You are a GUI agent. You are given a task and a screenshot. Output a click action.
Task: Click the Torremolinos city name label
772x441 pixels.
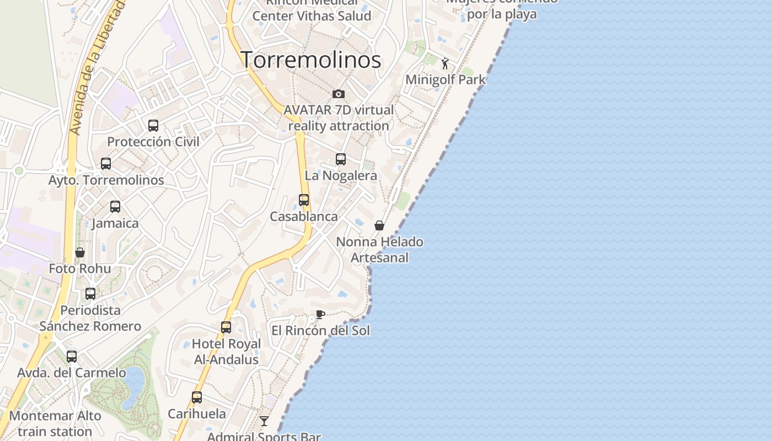311,60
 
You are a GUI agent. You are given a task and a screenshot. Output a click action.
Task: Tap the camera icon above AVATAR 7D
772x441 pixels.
339,94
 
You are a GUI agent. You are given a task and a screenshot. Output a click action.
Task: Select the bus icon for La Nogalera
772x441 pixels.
341,159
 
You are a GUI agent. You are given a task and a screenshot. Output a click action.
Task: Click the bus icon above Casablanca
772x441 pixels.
304,200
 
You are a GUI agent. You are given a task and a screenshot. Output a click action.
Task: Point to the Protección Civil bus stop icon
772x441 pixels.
153,126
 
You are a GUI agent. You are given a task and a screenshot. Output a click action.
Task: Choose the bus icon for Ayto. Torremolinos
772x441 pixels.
106,164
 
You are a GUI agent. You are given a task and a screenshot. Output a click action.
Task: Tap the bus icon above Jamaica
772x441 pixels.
115,207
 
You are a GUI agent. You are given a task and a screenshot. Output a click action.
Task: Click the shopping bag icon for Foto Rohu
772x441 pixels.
80,252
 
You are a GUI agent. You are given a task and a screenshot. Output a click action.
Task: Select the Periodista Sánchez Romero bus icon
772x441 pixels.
90,294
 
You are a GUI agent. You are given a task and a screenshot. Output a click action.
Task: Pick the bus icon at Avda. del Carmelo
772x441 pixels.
72,357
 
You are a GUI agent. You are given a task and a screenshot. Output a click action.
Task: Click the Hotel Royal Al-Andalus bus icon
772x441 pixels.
226,327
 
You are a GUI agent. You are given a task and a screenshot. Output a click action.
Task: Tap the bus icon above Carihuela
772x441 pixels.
197,397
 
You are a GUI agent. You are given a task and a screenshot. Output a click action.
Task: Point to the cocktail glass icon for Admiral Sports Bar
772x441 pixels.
265,421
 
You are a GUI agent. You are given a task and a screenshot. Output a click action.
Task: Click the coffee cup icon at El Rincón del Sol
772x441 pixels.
320,315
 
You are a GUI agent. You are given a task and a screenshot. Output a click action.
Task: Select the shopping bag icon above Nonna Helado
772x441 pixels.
379,225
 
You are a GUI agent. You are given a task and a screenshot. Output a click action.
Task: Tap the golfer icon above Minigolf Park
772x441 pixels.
445,63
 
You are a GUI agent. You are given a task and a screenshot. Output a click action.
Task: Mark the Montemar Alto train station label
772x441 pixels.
55,423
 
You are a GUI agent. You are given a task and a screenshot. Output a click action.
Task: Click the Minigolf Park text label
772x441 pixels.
446,79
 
